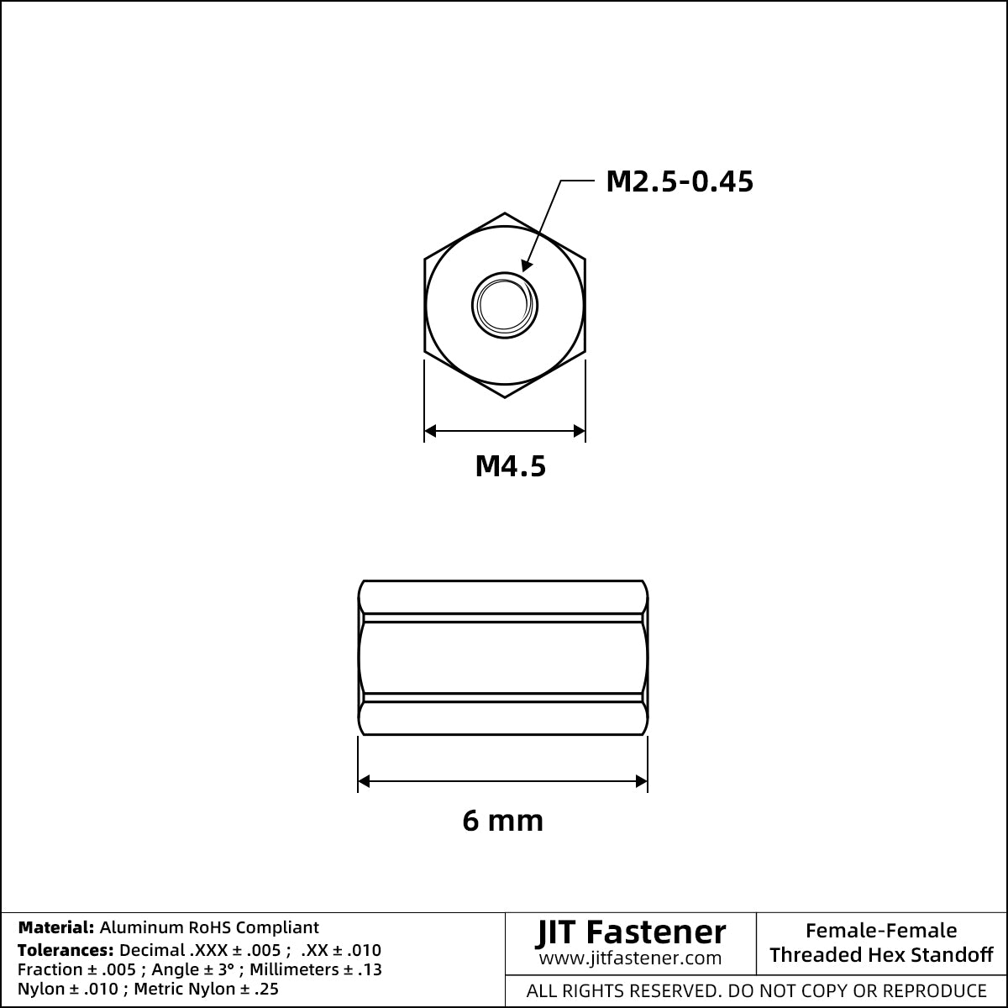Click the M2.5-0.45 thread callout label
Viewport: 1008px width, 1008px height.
click(x=680, y=182)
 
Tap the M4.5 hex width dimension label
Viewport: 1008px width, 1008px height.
click(x=511, y=466)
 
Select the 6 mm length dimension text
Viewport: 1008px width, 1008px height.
click(x=502, y=821)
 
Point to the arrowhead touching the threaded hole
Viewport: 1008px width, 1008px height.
click(x=527, y=265)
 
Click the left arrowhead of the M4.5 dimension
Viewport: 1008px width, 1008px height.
click(x=430, y=431)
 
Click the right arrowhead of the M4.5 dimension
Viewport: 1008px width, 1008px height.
click(x=579, y=431)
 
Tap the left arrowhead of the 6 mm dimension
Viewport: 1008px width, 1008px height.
click(x=364, y=781)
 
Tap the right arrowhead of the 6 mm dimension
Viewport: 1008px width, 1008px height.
click(x=641, y=781)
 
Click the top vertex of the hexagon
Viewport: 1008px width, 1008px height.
click(x=505, y=213)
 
